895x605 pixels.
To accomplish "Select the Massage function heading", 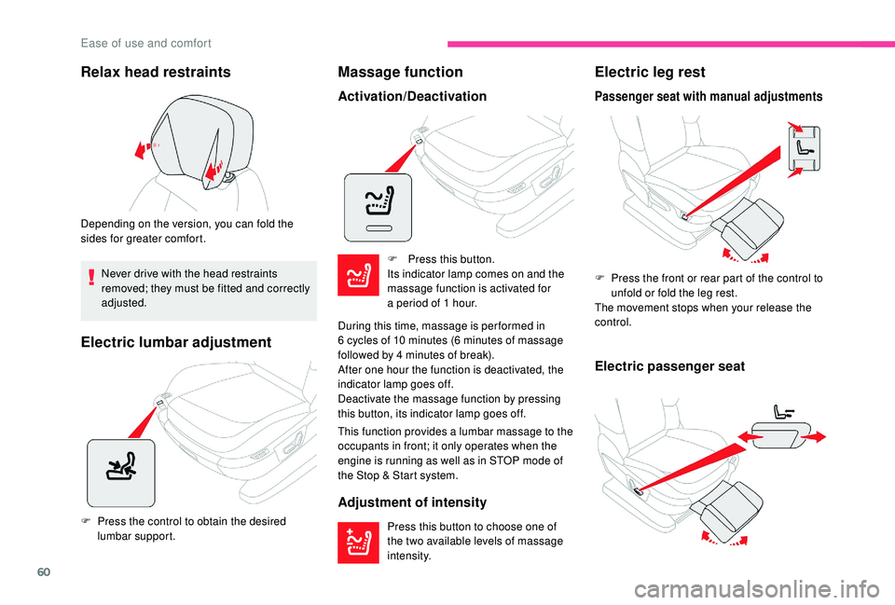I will [400, 72].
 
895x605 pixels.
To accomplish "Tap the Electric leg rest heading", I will [649, 72].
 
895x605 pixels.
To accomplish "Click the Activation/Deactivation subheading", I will [411, 96].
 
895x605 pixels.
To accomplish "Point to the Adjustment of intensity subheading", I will [411, 502].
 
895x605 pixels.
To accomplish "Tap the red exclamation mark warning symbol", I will [92, 276].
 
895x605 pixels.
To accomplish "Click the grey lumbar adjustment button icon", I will [119, 472].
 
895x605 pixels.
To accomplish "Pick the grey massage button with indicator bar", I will [378, 207].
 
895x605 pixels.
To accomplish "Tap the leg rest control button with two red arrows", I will [805, 147].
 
